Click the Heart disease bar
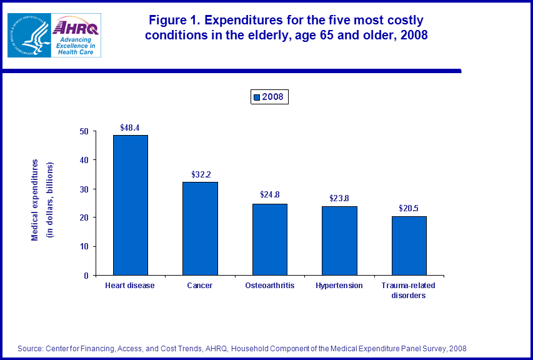click(x=130, y=205)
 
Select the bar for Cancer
click(x=200, y=228)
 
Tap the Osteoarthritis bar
click(x=270, y=239)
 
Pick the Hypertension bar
click(x=339, y=240)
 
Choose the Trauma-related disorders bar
click(x=409, y=245)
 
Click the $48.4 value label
click(x=130, y=127)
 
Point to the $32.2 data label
click(x=200, y=174)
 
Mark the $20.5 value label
click(x=409, y=208)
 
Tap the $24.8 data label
click(x=270, y=195)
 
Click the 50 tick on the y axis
click(x=84, y=131)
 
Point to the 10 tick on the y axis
click(x=84, y=246)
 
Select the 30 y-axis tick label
click(x=84, y=189)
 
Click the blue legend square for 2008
click(x=256, y=97)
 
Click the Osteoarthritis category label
click(x=270, y=286)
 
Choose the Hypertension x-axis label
click(x=339, y=286)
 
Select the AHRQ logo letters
click(x=76, y=27)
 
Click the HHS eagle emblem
click(x=29, y=35)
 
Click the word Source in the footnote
click(x=29, y=349)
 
